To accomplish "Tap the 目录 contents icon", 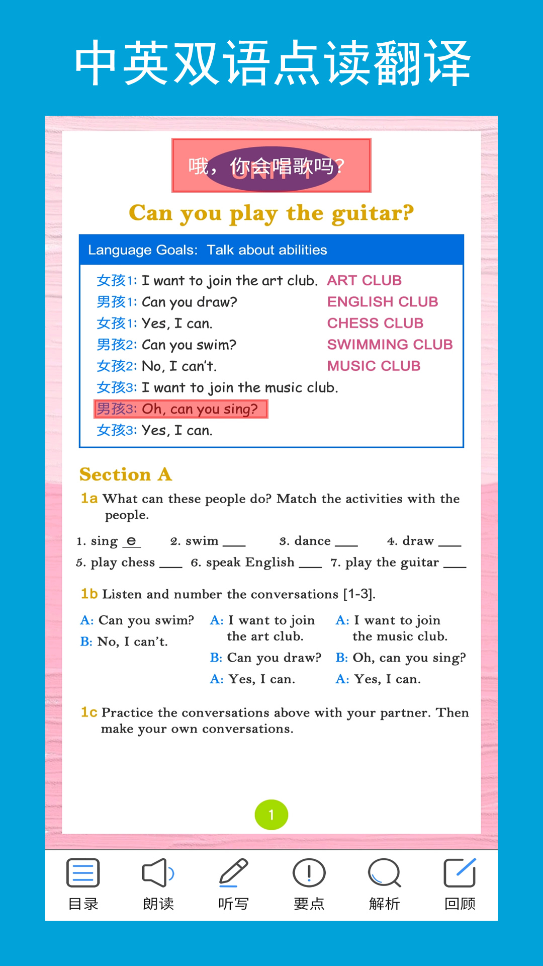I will (x=83, y=873).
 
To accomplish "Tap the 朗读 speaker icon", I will (x=158, y=873).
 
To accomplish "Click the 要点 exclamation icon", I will (x=309, y=873).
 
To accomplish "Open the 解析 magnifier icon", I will (x=384, y=873).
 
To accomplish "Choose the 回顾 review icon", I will (x=460, y=873).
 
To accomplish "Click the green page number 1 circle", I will (x=271, y=815).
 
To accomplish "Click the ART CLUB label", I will (x=365, y=280).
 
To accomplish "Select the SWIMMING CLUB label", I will (x=390, y=345).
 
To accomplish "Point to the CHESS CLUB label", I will (x=375, y=323).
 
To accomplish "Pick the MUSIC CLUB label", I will (x=374, y=366).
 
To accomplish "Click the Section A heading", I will (x=126, y=474).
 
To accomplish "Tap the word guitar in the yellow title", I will (x=373, y=213).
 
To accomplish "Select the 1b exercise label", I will (x=89, y=594).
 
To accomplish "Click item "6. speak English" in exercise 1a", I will (x=243, y=562).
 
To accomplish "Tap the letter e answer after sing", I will (x=131, y=541).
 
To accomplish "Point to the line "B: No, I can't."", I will (x=124, y=641).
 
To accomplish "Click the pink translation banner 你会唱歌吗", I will (x=271, y=166).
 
